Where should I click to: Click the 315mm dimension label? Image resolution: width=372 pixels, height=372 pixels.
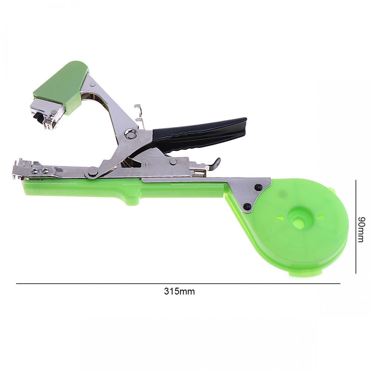pos(179,291)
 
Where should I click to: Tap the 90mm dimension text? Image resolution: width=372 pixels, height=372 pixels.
pos(361,229)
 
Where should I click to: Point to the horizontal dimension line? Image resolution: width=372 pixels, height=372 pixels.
pos(178,283)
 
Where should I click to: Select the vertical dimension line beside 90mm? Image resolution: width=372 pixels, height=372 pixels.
pos(356,226)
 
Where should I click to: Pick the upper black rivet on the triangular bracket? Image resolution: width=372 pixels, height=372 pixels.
pos(258,187)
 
